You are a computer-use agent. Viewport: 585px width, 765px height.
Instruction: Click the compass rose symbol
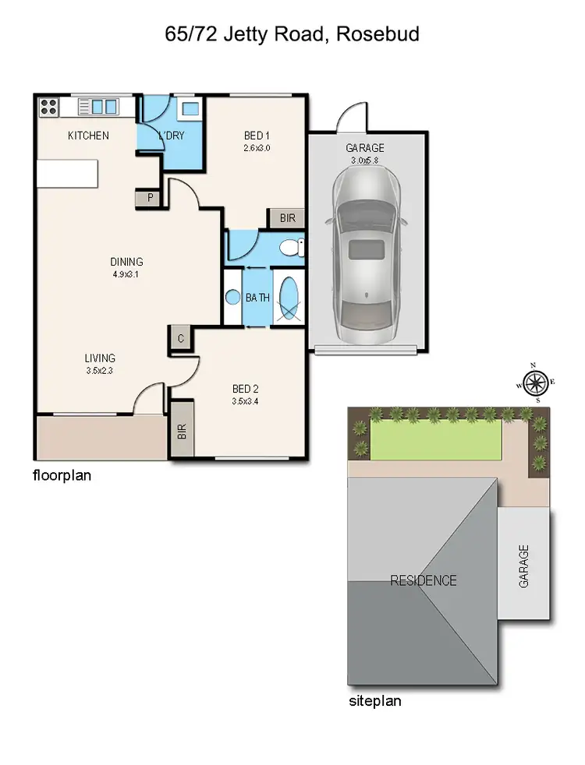534,382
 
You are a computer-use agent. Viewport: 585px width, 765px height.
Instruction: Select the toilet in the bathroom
291,249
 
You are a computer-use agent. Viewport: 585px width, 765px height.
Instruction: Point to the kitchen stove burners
48,106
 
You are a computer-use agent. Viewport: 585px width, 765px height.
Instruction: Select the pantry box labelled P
149,198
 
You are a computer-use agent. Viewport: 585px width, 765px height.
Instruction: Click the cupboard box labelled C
180,338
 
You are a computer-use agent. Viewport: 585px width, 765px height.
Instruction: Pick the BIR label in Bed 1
287,218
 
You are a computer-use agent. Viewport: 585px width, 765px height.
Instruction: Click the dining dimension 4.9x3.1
126,274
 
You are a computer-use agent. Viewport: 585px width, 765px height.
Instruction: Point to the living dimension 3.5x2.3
100,371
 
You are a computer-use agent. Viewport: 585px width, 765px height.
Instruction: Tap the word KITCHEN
88,136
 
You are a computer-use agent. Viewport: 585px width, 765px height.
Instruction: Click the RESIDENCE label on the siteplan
424,580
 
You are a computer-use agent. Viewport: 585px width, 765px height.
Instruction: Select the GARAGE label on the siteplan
523,565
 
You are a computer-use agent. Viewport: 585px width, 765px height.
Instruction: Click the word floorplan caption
62,474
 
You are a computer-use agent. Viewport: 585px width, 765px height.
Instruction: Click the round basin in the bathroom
232,297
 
